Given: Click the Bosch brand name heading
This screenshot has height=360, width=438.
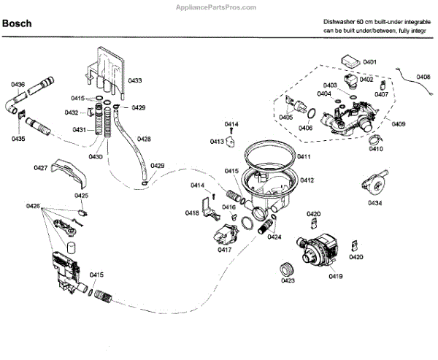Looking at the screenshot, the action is coord(17,23).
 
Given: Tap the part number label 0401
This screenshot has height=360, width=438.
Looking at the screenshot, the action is coord(369,62).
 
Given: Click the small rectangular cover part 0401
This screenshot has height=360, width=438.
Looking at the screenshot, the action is coord(351,61).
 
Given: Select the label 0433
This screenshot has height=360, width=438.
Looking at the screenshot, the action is coord(135,80).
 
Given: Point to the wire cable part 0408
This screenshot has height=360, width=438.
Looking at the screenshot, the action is coord(415,82).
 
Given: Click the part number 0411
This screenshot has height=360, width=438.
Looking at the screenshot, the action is coord(304,156).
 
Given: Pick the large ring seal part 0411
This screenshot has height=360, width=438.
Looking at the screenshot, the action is coord(269,155).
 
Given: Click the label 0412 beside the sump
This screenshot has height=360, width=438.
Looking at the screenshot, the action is coord(307,180).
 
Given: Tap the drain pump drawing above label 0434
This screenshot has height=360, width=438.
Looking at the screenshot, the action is coord(374,183).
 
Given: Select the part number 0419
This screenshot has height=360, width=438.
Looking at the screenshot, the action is coord(336,276).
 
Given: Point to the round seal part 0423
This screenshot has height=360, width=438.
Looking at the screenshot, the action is coord(286,269).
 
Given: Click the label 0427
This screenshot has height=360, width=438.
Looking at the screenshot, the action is coord(41,168).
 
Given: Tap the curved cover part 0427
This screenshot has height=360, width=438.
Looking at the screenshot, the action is coord(69,172).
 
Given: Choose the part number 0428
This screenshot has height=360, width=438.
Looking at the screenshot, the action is coord(144,139).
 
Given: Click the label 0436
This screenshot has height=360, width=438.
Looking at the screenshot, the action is coord(18,85).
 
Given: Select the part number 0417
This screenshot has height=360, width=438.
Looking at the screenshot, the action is coord(225,250).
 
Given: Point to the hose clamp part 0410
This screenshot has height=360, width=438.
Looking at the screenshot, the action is coord(375,138).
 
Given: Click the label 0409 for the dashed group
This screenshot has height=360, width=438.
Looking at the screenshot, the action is coord(399,124).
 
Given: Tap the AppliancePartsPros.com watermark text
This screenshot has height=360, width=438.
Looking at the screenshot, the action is coord(216,7).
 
